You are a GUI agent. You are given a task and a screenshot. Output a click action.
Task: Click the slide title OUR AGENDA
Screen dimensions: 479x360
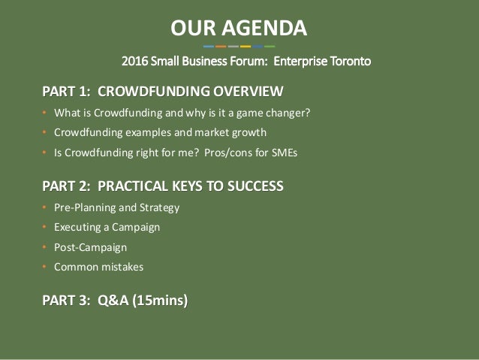[x=239, y=28]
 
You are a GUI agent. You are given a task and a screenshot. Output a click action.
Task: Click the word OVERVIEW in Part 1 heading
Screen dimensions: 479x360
[x=248, y=91]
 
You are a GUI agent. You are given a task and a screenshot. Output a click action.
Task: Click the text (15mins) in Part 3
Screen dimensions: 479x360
[x=160, y=300]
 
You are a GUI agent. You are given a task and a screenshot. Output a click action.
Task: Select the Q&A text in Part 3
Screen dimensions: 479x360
[x=113, y=300]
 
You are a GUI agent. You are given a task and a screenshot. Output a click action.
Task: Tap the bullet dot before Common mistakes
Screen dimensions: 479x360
[x=44, y=267]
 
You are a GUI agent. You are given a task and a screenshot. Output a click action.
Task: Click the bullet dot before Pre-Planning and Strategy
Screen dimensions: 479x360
[x=44, y=207]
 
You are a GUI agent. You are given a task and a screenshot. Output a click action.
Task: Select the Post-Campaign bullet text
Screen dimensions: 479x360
[x=90, y=247]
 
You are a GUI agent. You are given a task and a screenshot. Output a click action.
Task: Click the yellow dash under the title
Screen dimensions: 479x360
[x=246, y=47]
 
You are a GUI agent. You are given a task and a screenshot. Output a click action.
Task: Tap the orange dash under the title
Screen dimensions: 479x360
[x=221, y=47]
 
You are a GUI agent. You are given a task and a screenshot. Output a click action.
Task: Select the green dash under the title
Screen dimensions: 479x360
[x=270, y=47]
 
